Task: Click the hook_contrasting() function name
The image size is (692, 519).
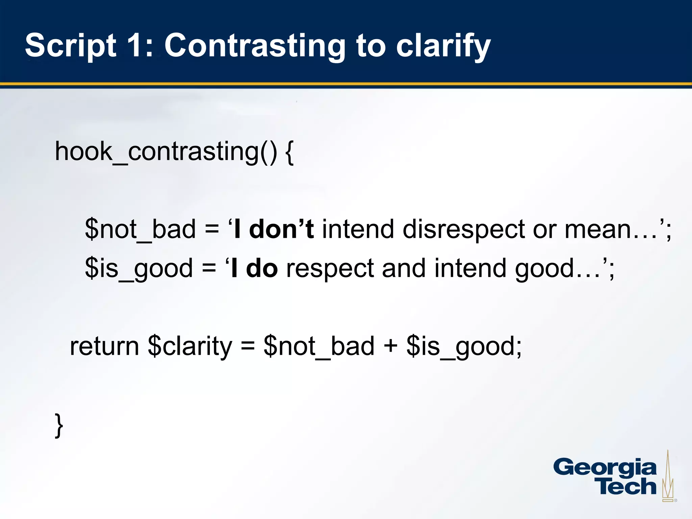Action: [x=166, y=152]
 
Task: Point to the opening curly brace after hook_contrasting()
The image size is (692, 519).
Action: [x=290, y=152]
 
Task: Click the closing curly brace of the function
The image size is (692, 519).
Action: [x=59, y=425]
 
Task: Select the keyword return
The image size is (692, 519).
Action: [x=104, y=346]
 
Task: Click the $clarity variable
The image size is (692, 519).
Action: [x=190, y=346]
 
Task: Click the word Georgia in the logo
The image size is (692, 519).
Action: [x=604, y=468]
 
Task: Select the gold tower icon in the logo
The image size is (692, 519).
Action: [x=668, y=477]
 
